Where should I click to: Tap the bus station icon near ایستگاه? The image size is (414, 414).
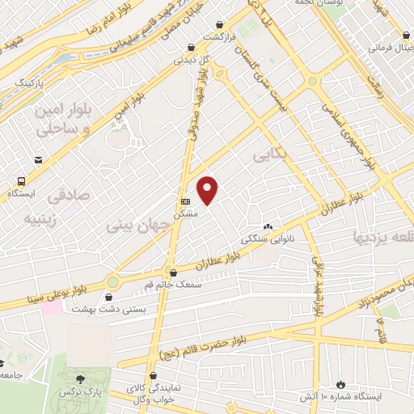(19, 182)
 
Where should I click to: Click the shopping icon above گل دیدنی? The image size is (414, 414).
(190, 47)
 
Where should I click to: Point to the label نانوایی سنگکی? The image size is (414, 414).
(264, 239)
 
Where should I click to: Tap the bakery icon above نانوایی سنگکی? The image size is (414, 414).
(268, 227)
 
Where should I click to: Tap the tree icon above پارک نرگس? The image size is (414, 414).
(79, 378)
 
